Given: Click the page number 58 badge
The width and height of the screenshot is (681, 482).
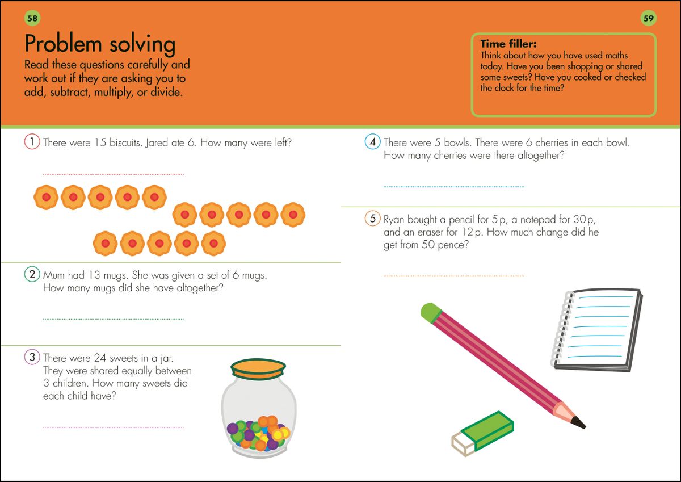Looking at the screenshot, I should tap(32, 18).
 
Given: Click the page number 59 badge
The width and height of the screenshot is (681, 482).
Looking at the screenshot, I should tap(649, 18).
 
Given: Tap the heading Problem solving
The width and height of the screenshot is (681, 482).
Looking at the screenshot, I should tap(100, 44).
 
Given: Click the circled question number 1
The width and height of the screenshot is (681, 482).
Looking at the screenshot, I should tap(31, 142).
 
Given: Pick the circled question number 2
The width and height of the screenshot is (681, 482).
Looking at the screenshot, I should tap(31, 275).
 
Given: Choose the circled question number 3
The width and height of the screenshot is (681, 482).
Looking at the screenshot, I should tap(31, 358).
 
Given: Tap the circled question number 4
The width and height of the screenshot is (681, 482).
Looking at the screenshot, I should tap(372, 142).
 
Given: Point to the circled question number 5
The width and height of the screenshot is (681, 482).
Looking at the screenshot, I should tap(372, 219).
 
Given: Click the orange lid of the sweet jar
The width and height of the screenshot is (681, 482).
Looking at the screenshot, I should tap(258, 368).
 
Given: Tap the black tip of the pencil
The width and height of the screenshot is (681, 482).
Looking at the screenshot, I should tap(578, 422).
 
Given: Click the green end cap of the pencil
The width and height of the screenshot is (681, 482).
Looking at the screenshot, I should tap(431, 312).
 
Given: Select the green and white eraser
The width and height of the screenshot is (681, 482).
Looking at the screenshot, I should tap(482, 433).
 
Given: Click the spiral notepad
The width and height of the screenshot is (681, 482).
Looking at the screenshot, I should tap(598, 328).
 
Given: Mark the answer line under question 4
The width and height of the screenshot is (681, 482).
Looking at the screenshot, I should tap(453, 186).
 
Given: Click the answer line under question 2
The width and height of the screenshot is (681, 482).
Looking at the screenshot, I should tap(113, 320).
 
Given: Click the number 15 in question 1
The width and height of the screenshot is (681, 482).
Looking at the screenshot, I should tap(100, 142).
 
